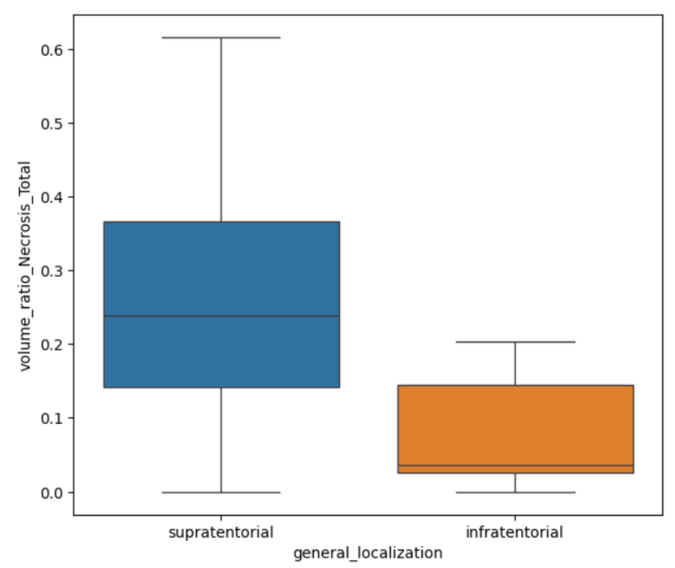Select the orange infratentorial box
tap(516, 425)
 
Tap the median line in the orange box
tap(516, 466)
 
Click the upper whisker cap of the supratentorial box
tap(222, 38)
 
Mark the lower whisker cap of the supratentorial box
tap(222, 492)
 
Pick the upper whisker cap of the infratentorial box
tap(516, 342)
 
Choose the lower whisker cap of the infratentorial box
tap(516, 492)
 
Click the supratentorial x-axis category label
tap(221, 532)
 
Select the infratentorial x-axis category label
tap(515, 532)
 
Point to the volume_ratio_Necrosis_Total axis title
tap(25, 266)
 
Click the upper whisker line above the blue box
tap(222, 129)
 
